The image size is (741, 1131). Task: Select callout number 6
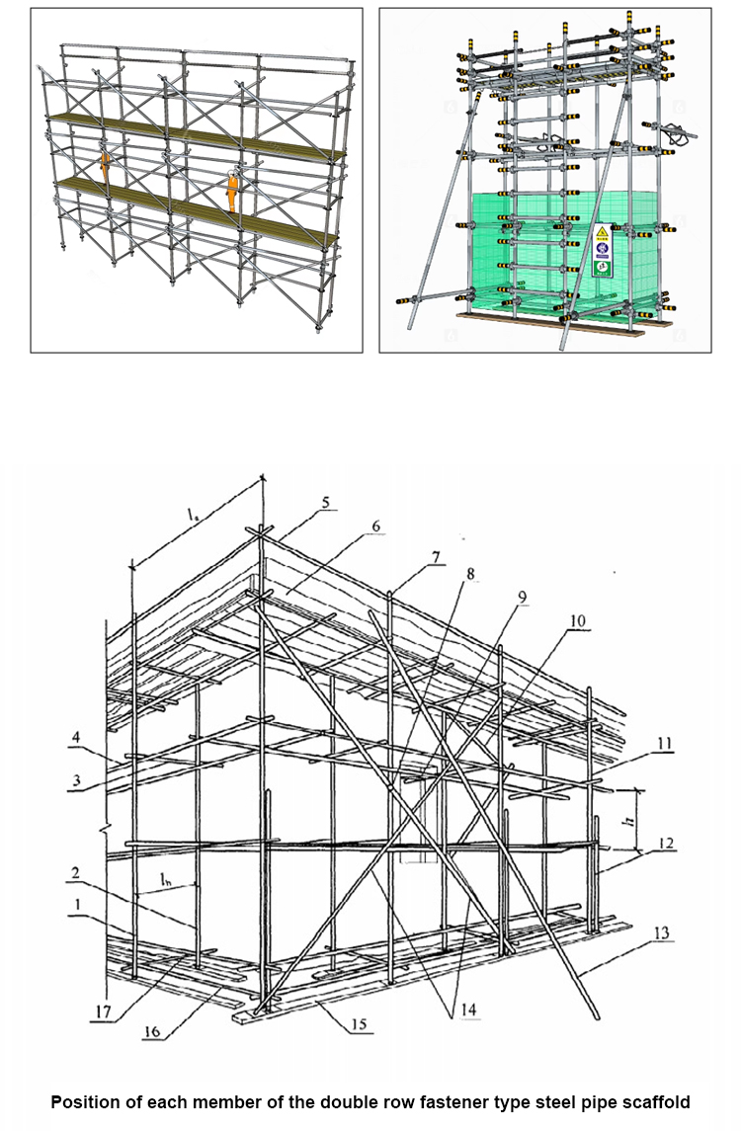pos(376,526)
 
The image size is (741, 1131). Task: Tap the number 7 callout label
pos(438,559)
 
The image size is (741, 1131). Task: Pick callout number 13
pos(661,931)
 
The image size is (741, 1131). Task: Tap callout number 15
pos(360,1025)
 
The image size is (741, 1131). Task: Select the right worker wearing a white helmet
pos(232,191)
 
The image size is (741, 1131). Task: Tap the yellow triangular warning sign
pos(601,234)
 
